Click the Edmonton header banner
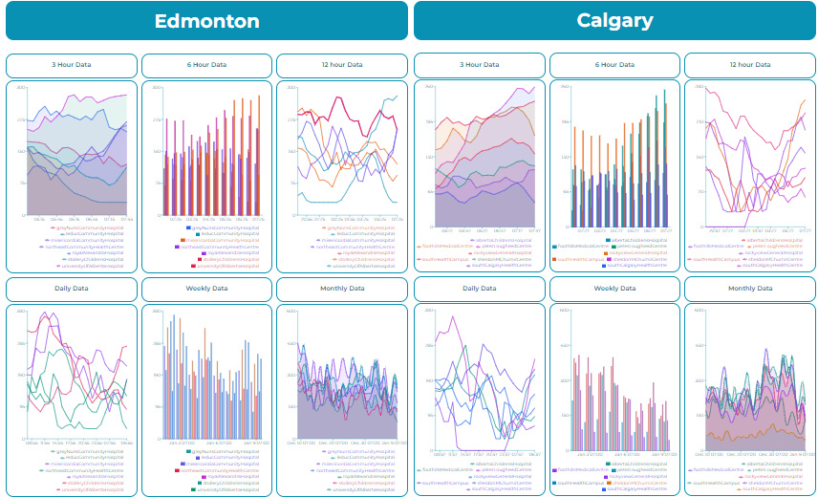point(206,21)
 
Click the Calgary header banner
point(614,21)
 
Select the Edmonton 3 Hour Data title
point(72,65)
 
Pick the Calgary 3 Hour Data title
point(480,65)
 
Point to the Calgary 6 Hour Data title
point(615,65)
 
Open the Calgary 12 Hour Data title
point(748,65)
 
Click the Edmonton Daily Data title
point(72,288)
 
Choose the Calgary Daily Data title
point(480,288)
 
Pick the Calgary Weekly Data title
point(615,288)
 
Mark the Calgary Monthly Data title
point(748,288)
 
